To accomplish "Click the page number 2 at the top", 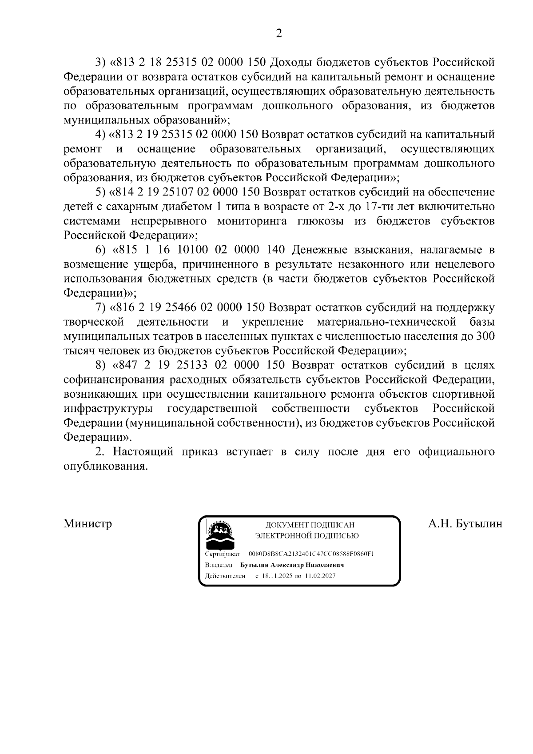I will (x=278, y=33).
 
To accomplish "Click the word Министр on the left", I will (x=88, y=523).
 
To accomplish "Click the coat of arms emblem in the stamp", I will (x=221, y=535).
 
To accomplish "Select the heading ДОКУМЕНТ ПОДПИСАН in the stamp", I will (x=310, y=525).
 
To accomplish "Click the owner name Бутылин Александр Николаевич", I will (x=292, y=565).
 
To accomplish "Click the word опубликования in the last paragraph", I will (x=105, y=467).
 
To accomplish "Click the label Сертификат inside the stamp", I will (x=223, y=555).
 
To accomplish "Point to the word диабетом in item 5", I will (x=184, y=207).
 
